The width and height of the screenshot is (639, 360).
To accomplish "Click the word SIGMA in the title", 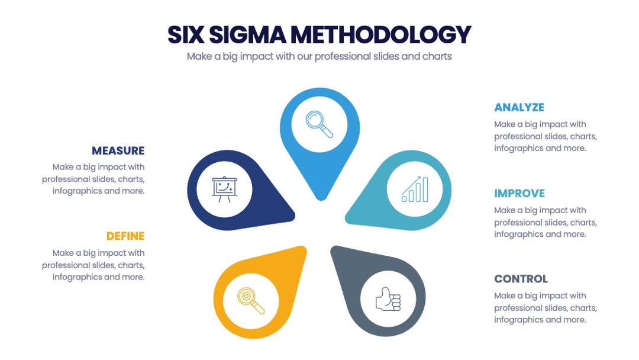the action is coord(247,35).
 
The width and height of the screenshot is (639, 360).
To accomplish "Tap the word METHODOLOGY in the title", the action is coord(380,35).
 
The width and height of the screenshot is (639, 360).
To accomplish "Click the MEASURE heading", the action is coord(118,151).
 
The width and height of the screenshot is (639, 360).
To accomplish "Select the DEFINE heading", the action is coord(125,236).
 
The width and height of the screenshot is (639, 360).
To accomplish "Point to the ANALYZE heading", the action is coord(519,107).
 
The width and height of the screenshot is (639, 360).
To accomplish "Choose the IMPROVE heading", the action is coord(519,193).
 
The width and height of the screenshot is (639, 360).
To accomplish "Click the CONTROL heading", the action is coord(521,279).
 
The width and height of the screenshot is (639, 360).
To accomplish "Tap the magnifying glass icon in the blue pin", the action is coord(319,124).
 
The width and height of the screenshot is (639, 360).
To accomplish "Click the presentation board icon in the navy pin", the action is coord(225,189).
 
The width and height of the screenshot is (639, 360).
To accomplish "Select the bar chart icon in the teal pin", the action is coord(415,189).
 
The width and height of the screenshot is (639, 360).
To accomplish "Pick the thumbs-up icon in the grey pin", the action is coord(388,299).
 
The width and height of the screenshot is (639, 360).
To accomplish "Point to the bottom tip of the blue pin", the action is coord(321,200).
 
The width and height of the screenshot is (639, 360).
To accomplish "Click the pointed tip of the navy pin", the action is coord(293,216).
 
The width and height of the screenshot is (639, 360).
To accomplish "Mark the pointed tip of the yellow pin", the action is coord(304,247).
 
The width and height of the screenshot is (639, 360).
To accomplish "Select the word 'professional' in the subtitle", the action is coord(340,56).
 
